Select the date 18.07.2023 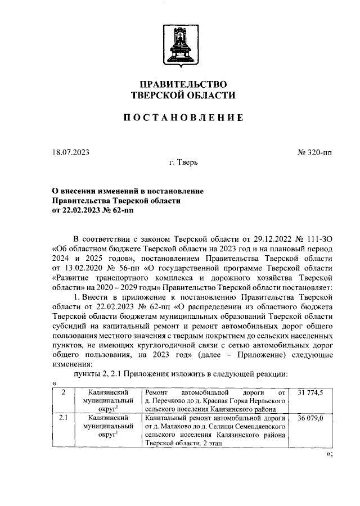point(70,152)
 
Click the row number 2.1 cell point(64,418)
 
